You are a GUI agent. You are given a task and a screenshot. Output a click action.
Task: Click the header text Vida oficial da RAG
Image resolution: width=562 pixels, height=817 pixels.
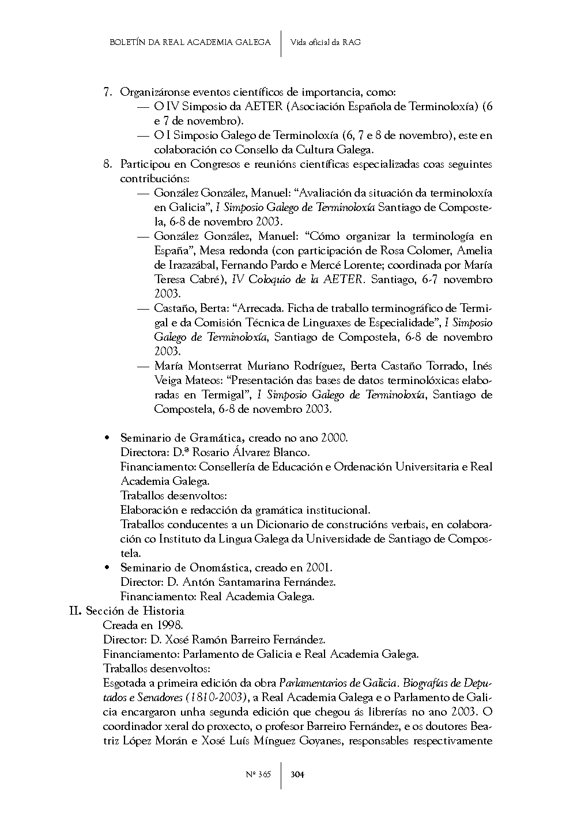pos(326,42)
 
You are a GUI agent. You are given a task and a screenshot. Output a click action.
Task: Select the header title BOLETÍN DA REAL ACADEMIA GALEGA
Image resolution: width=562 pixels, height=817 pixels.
pos(190,42)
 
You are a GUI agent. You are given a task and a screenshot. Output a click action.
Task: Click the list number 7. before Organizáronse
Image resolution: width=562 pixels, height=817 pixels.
pos(107,92)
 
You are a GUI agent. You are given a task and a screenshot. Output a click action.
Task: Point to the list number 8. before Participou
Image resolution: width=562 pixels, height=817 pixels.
pos(107,164)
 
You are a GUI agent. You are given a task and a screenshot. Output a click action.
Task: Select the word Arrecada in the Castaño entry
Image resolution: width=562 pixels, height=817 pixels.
pos(259,308)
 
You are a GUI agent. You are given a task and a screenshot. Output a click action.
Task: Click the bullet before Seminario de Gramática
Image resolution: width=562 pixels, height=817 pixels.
pos(107,438)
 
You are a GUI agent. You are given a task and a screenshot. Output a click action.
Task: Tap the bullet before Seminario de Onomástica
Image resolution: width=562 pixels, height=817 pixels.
pos(107,568)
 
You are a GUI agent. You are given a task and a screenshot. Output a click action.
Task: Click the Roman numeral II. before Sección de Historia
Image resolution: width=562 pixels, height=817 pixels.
pos(77,611)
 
